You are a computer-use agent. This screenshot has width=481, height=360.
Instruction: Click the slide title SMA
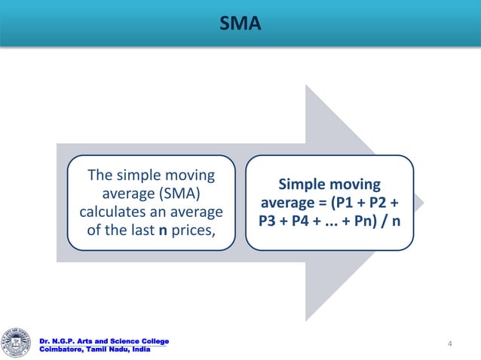click(x=240, y=25)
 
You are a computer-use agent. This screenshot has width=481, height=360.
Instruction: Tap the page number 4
click(x=450, y=344)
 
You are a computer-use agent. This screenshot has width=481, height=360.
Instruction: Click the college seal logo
click(x=17, y=342)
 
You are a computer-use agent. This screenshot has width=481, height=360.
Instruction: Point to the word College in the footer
click(x=151, y=342)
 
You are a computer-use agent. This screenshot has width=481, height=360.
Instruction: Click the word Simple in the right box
click(x=302, y=185)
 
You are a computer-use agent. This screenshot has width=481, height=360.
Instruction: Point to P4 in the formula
click(x=304, y=222)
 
